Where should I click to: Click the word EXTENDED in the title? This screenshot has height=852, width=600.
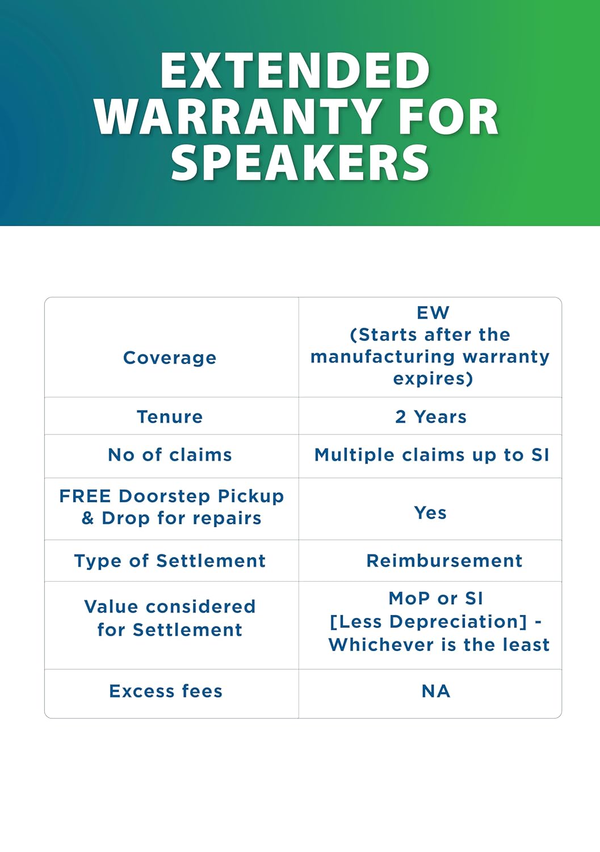point(295,71)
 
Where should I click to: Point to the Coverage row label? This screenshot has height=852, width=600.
point(170,358)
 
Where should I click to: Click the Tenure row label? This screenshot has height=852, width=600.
point(170,417)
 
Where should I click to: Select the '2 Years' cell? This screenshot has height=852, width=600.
point(430,417)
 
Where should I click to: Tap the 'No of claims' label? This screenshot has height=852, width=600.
point(170,455)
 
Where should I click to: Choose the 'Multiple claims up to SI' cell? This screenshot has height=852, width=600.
point(431,455)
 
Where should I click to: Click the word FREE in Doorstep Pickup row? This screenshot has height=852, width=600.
point(85,496)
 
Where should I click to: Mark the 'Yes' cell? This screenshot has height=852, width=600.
point(430,513)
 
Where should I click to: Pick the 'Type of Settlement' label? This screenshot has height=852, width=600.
point(170,561)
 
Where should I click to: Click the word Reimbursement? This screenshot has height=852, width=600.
point(444,561)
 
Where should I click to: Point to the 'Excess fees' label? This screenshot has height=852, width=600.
point(166,691)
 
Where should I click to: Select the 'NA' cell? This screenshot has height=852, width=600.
point(436,691)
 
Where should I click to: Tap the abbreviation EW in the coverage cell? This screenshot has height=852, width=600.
point(433,312)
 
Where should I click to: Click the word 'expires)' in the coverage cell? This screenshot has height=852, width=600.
point(433,379)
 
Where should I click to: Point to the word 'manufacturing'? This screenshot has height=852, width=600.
point(383,357)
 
